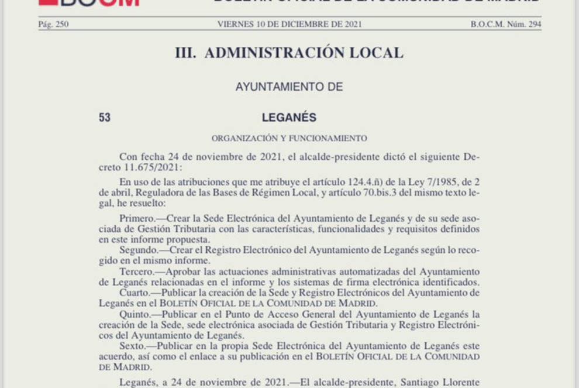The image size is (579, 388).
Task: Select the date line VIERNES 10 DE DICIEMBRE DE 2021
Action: pyautogui.click(x=289, y=24)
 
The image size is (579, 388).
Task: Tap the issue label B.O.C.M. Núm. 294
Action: pyautogui.click(x=505, y=24)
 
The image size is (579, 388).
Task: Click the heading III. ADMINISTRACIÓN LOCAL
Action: pyautogui.click(x=289, y=53)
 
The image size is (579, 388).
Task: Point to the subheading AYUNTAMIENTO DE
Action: pyautogui.click(x=289, y=87)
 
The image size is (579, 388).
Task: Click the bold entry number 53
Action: pyautogui.click(x=105, y=118)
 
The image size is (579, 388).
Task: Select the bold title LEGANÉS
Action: pyautogui.click(x=289, y=118)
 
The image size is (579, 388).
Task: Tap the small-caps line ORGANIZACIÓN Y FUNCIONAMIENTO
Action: pyautogui.click(x=289, y=139)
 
